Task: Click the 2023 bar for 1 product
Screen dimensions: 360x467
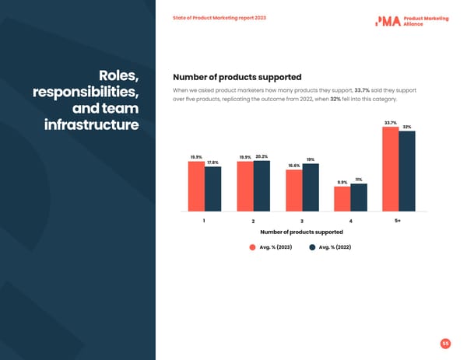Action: point(196,186)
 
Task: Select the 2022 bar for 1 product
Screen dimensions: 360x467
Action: point(212,189)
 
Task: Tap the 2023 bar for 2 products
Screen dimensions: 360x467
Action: point(245,186)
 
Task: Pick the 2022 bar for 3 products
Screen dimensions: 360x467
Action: point(311,187)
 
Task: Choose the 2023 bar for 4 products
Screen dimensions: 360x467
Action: point(342,198)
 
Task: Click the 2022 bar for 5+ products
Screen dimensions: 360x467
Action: point(407,170)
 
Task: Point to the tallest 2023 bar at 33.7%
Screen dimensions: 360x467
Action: point(391,168)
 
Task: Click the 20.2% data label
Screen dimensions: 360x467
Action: point(262,157)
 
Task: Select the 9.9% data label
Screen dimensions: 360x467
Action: point(342,183)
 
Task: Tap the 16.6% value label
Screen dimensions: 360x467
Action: point(294,166)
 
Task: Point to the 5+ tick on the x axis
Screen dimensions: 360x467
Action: point(399,221)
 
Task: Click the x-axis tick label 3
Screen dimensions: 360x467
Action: point(302,222)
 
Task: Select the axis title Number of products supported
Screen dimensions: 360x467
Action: point(301,232)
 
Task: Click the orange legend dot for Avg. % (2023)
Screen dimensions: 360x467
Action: point(252,247)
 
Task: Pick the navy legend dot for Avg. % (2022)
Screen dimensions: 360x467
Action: point(312,247)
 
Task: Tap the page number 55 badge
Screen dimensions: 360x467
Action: point(445,343)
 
